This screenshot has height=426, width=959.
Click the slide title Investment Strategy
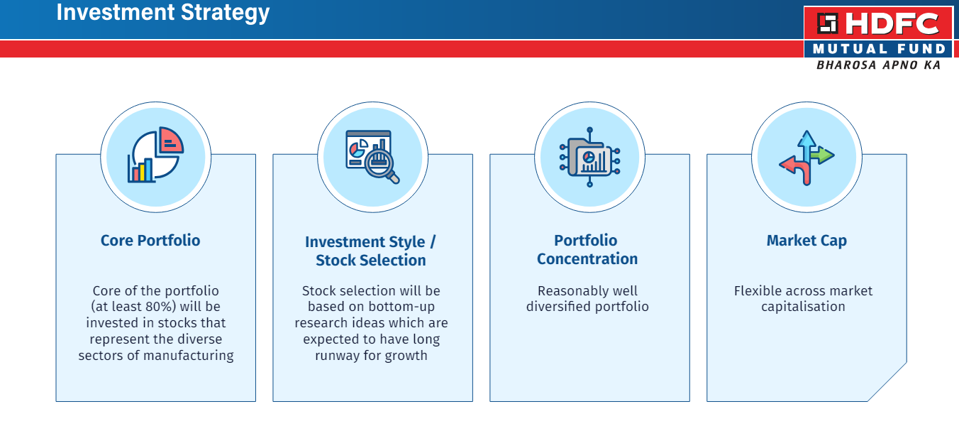(162, 13)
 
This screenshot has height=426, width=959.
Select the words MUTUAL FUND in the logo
(879, 49)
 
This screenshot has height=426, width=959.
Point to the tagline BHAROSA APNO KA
(878, 65)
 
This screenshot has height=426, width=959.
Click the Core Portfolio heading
(150, 241)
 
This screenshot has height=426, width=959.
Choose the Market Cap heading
(806, 241)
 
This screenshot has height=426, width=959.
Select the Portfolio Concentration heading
(587, 250)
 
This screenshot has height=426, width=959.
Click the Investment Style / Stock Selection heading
(371, 251)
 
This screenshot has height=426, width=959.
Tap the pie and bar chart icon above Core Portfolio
(155, 155)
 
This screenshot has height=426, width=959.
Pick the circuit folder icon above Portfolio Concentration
(589, 157)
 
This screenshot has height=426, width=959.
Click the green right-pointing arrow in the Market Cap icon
(823, 155)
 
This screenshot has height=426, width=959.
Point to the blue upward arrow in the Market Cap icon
(806, 142)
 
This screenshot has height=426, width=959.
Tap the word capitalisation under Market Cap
(803, 307)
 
